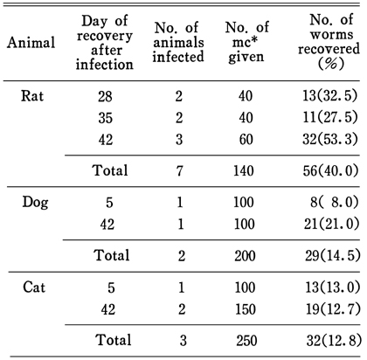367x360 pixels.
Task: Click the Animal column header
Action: [x=31, y=43]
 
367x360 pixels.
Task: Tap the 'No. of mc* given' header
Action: [x=246, y=42]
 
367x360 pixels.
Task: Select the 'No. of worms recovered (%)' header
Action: [x=329, y=42]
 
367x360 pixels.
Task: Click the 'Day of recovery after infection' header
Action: [x=104, y=43]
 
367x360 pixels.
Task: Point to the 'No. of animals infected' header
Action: [x=178, y=42]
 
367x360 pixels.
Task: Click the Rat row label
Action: [x=32, y=96]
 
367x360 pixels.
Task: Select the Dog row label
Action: [x=35, y=202]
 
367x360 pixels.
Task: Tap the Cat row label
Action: [x=34, y=287]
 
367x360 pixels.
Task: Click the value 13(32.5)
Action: [x=330, y=96]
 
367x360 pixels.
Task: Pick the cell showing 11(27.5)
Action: [x=330, y=117]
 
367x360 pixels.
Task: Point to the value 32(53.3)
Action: [x=330, y=139]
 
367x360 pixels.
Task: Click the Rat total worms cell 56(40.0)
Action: [x=330, y=170]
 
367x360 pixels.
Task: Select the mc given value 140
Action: [x=244, y=170]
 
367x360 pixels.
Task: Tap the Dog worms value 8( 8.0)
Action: [x=335, y=202]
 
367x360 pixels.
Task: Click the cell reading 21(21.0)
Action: [x=331, y=224]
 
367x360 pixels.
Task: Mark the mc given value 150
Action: [x=246, y=309]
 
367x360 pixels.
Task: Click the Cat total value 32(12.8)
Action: [x=334, y=341]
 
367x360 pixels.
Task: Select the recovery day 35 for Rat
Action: [x=105, y=118]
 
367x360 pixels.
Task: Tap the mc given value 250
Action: [x=246, y=341]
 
